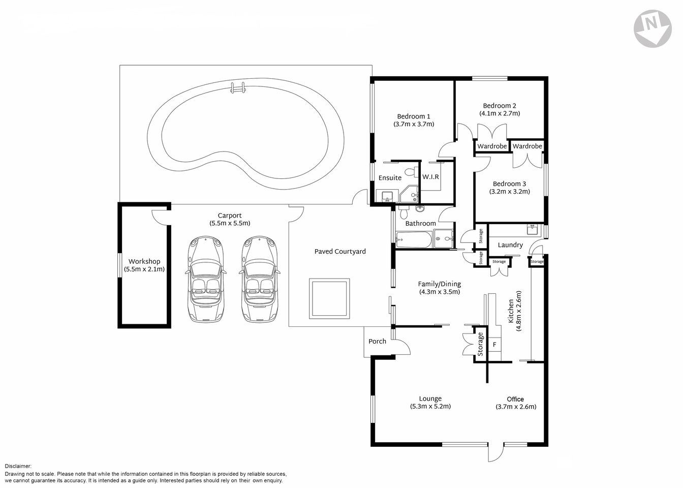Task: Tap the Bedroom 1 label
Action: (413, 116)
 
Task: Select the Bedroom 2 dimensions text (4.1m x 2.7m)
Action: (500, 113)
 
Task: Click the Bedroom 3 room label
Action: (509, 184)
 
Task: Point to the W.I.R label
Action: (430, 177)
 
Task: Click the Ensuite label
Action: (390, 178)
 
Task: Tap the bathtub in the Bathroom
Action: (413, 239)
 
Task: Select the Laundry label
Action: (510, 245)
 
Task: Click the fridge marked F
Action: (494, 345)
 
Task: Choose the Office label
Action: (515, 399)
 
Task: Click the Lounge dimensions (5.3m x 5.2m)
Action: (430, 406)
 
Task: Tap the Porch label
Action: (377, 341)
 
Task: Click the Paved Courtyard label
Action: (340, 251)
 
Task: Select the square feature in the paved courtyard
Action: (329, 298)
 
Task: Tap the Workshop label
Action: (144, 261)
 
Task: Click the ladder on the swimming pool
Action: (237, 88)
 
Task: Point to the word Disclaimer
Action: (18, 466)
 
